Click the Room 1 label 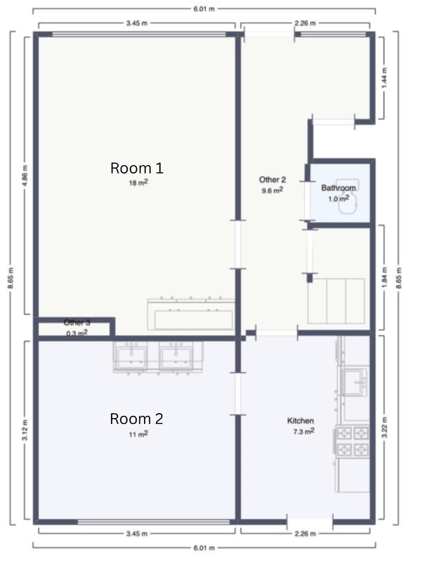(137, 168)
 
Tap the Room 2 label (137, 419)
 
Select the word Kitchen (301, 421)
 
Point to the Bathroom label (338, 188)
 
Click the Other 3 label (77, 323)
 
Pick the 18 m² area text (138, 183)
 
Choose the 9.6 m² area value (272, 191)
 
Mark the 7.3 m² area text (304, 431)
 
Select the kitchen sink (354, 382)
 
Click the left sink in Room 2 (130, 356)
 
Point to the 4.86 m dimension (24, 176)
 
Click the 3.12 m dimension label (24, 430)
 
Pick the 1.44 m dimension (384, 78)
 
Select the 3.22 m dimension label (384, 427)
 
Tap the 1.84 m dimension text (384, 278)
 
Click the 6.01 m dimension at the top (204, 9)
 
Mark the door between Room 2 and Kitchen (237, 394)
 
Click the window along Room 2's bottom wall (154, 522)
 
